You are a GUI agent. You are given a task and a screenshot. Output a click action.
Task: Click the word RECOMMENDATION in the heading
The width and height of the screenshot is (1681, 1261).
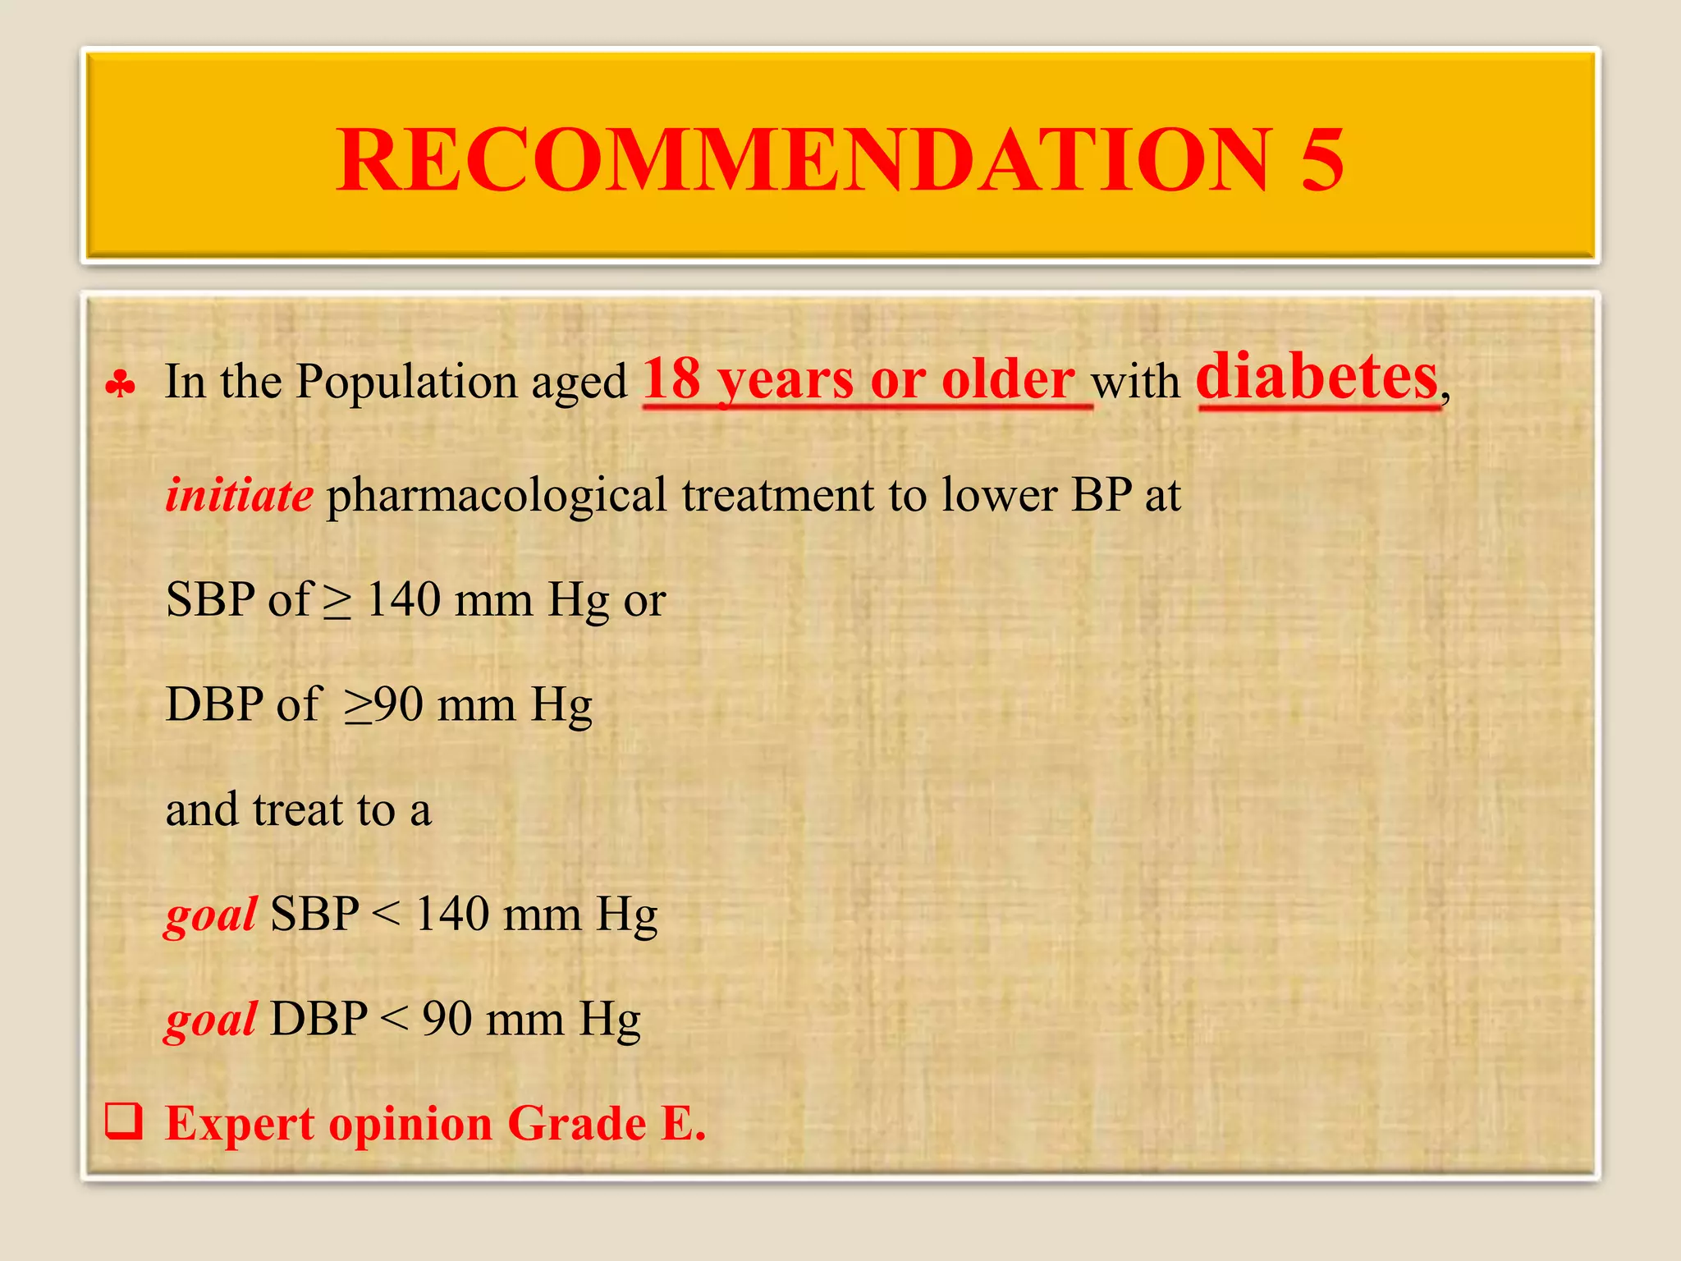(x=804, y=161)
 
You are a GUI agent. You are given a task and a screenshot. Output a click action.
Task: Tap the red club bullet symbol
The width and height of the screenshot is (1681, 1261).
(x=121, y=383)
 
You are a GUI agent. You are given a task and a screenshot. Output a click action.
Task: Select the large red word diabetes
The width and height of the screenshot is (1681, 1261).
(x=1317, y=378)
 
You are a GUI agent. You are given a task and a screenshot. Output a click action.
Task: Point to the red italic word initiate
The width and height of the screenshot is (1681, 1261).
(x=239, y=496)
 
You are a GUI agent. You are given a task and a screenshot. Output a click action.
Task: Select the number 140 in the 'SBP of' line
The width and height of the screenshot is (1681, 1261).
(x=403, y=599)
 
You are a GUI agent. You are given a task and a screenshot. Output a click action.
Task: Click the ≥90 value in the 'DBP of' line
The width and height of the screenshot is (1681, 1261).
(x=383, y=705)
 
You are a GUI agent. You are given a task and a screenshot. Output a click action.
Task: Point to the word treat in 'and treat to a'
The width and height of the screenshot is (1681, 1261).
(x=298, y=810)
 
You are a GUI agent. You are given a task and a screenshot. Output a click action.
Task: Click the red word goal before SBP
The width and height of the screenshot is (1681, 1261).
(x=211, y=915)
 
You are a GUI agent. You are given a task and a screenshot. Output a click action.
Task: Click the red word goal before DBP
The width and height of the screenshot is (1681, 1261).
(x=211, y=1020)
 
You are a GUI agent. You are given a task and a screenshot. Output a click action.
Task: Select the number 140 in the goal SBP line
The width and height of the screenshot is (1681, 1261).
(x=452, y=914)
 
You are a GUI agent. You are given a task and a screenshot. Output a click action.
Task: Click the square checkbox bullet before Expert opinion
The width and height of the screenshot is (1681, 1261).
(x=124, y=1122)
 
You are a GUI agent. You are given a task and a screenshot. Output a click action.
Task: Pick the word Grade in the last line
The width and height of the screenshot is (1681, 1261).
(x=576, y=1124)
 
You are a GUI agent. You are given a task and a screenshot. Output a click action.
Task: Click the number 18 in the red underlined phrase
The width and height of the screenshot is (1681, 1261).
(x=671, y=380)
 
